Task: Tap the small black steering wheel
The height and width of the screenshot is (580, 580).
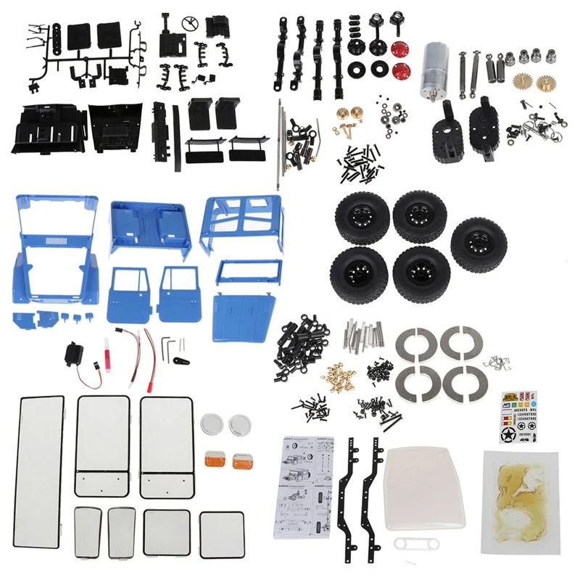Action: (x=192, y=21)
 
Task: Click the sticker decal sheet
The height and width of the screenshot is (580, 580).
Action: (x=519, y=416)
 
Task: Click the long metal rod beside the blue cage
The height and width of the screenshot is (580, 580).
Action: (x=278, y=145)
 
